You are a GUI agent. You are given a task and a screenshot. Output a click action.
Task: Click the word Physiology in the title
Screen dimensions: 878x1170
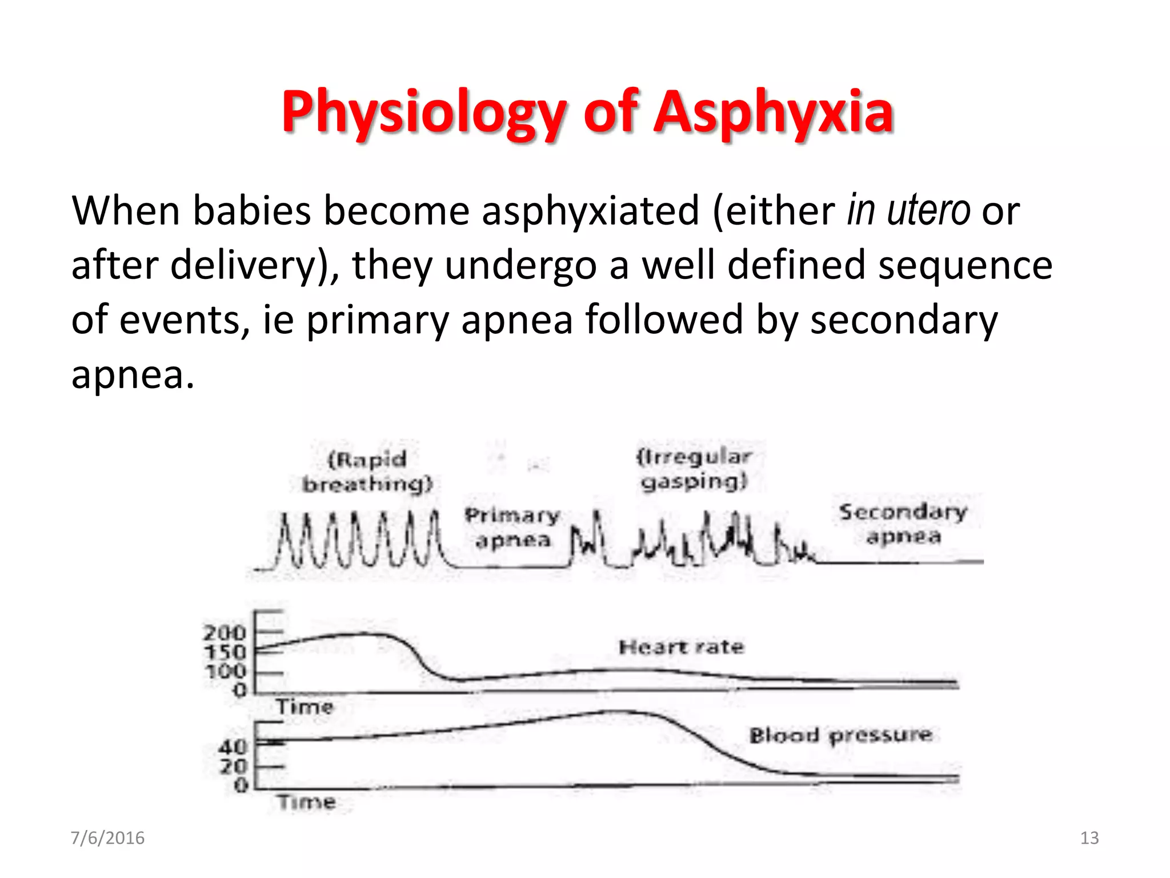pos(423,112)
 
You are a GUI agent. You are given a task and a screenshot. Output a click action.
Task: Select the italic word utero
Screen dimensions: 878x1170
pos(928,211)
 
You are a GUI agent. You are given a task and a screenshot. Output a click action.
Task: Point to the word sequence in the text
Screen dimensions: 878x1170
pos(965,265)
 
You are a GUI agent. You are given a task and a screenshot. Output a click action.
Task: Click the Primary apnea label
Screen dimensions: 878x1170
pos(512,528)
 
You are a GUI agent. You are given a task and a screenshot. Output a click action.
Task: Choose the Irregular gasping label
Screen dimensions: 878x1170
pos(694,469)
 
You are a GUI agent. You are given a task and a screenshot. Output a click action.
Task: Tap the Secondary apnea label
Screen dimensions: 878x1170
pos(903,524)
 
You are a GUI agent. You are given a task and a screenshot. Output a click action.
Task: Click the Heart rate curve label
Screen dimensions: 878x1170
pos(682,647)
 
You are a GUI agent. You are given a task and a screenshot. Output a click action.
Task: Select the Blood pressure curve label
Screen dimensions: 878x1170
pos(840,735)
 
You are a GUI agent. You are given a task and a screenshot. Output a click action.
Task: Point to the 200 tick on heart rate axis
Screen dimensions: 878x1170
pos(225,633)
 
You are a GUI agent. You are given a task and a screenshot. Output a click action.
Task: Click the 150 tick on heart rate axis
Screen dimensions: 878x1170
pos(225,652)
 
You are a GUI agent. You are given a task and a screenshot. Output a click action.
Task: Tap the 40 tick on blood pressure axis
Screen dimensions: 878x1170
pos(233,747)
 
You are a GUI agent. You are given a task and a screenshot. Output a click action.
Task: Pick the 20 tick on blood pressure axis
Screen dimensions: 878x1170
pos(233,766)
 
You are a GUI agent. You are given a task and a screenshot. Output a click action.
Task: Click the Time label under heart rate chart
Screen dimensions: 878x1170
pos(304,707)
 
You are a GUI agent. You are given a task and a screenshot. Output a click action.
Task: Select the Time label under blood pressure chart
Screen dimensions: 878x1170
pos(307,803)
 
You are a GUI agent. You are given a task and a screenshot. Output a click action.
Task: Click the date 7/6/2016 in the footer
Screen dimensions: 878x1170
pos(107,838)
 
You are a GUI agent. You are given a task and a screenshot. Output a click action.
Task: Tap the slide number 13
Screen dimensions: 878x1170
pos(1089,838)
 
